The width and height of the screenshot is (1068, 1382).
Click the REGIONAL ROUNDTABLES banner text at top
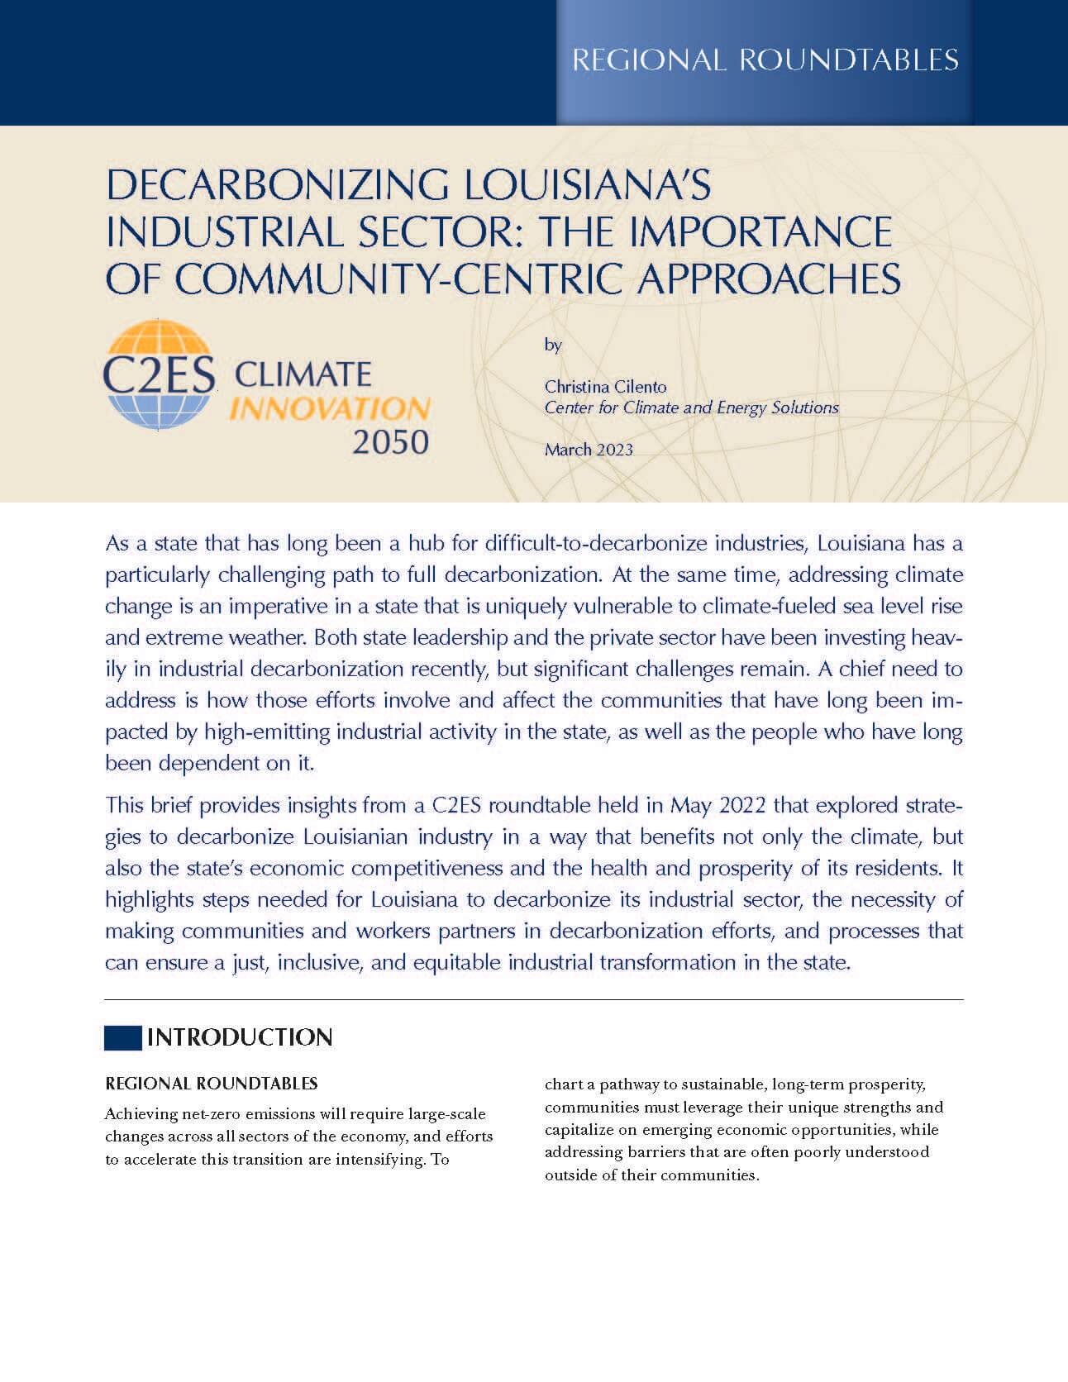point(765,60)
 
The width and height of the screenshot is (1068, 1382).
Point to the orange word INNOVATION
point(329,407)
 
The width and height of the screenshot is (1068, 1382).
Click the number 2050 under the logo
point(390,442)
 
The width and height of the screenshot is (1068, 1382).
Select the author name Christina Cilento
point(605,386)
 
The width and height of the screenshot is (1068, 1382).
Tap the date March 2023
point(589,450)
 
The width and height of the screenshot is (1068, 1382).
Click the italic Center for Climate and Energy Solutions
point(691,407)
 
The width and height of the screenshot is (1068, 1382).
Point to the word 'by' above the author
point(553,345)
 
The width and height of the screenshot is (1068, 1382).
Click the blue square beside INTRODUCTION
point(122,1037)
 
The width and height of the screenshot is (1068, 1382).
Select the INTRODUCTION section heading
point(240,1037)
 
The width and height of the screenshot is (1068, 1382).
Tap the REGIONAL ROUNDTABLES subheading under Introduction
point(212,1083)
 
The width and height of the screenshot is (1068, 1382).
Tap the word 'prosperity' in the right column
point(887,1084)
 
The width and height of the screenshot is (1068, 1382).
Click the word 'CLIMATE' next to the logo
point(303,374)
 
